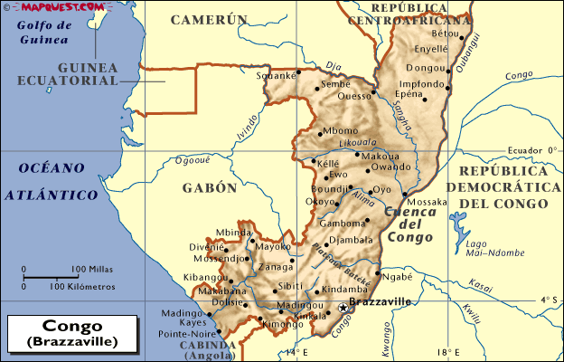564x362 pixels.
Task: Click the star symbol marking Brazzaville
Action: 343,308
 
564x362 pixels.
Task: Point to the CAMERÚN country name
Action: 209,19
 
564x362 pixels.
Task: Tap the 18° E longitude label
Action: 443,352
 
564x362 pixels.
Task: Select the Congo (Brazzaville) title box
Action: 71,333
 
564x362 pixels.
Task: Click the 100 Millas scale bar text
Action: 93,269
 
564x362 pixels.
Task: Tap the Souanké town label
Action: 276,76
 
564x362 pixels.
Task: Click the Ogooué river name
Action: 193,160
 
